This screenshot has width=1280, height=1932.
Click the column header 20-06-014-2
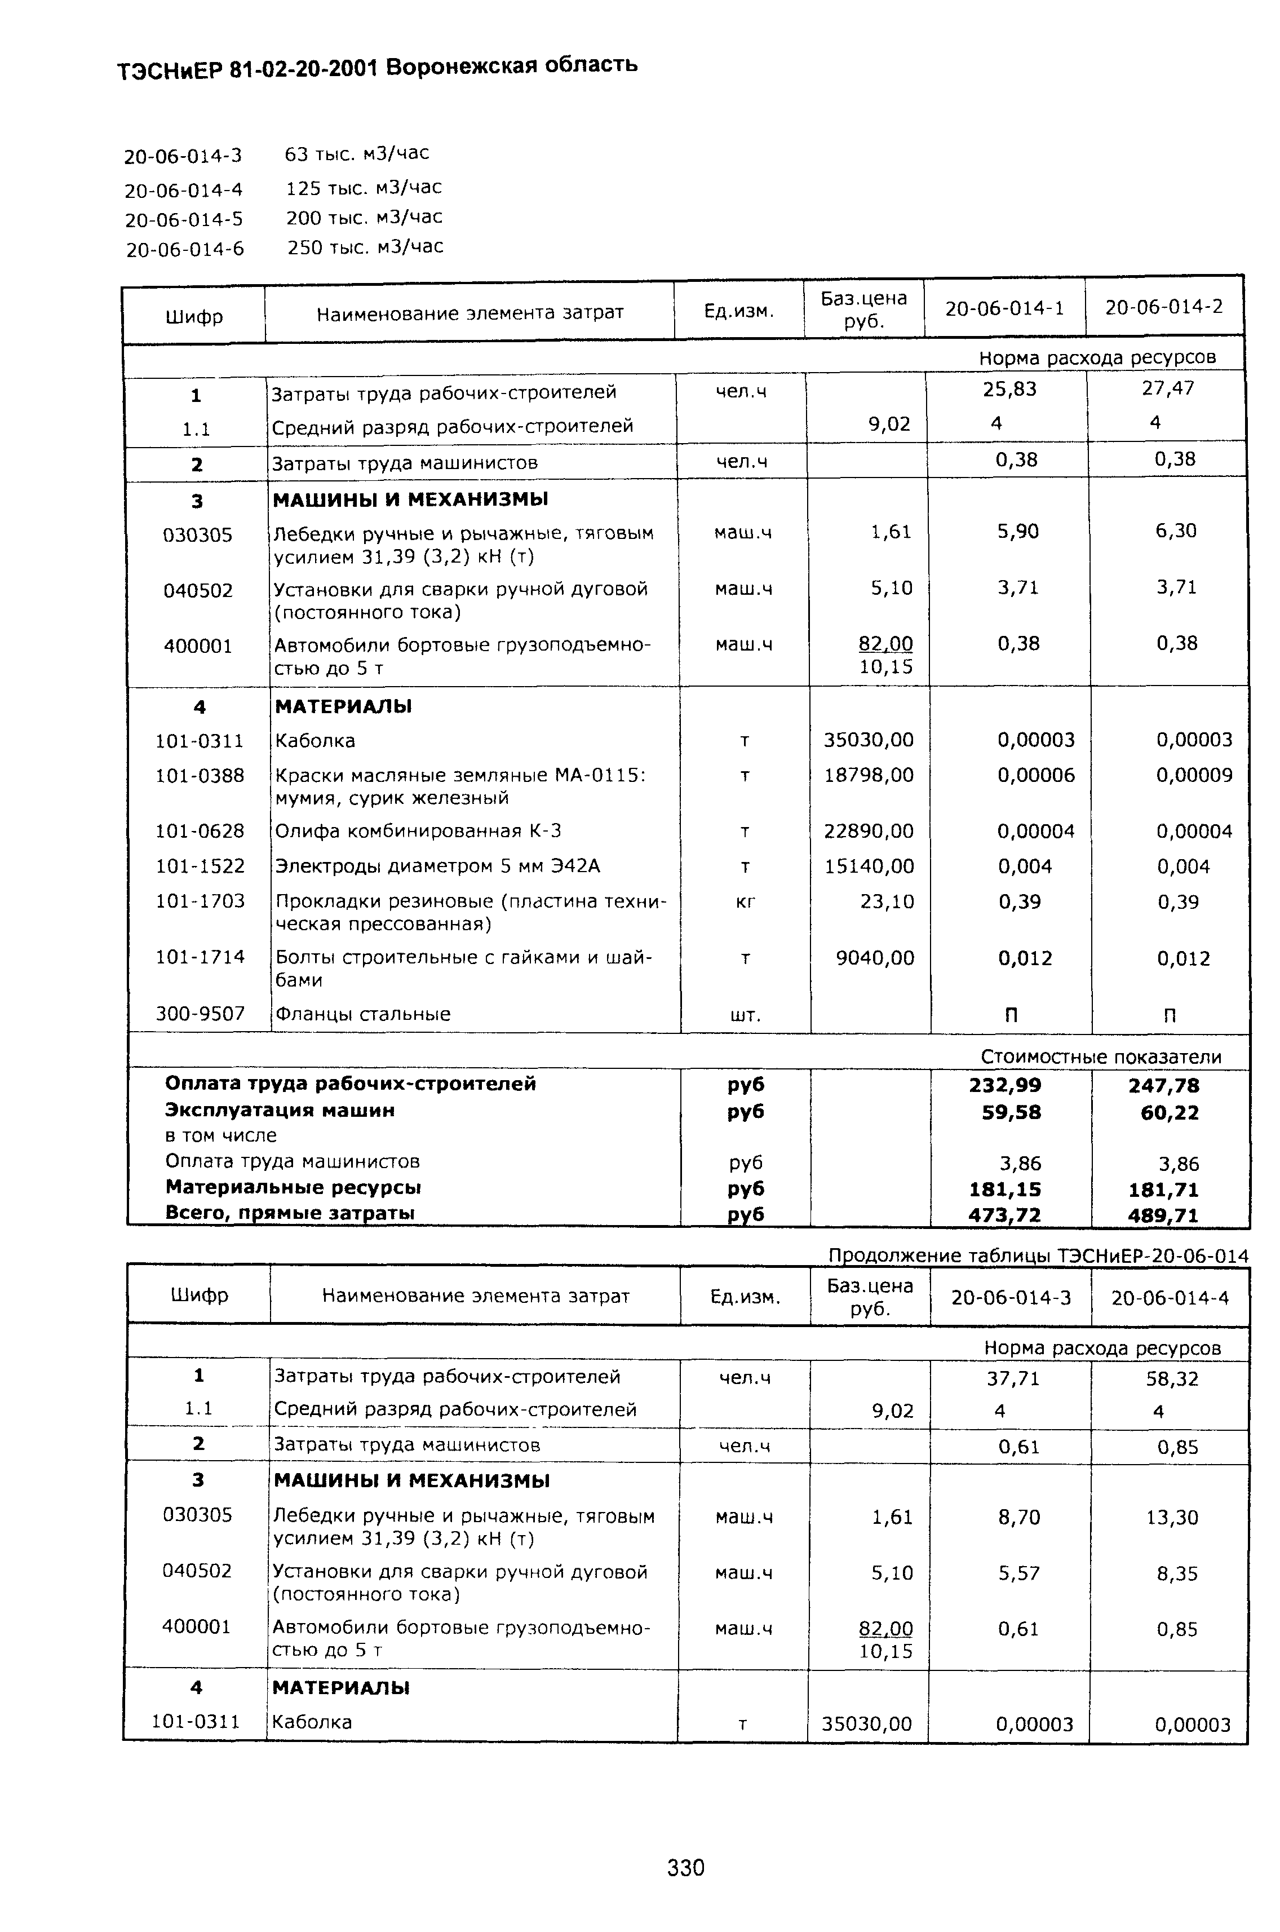[x=1163, y=307]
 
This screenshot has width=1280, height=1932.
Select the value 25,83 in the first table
[x=1009, y=390]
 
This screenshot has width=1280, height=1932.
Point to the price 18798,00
[x=869, y=775]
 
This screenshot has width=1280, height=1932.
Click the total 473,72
[x=1005, y=1215]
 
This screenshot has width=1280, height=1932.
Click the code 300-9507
[x=200, y=1014]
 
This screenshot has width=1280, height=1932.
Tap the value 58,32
[x=1171, y=1378]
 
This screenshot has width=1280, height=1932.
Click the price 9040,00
[x=874, y=958]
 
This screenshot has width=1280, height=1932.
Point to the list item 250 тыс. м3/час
[x=365, y=246]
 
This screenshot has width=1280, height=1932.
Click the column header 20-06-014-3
[x=1011, y=1298]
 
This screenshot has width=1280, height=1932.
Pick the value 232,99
[x=1005, y=1085]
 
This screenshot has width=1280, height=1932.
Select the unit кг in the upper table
[x=745, y=901]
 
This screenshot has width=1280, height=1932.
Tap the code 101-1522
[x=200, y=865]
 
